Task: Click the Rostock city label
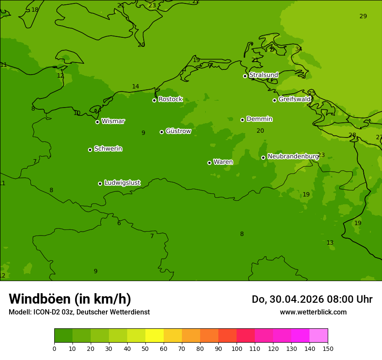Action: [x=170, y=99]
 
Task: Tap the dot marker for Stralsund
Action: [x=245, y=76]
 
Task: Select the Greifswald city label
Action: [x=294, y=99]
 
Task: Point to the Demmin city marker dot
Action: [x=242, y=120]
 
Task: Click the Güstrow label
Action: [x=178, y=131]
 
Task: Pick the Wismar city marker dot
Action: [x=97, y=122]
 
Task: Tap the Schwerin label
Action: [x=108, y=149]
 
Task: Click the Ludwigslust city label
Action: [x=122, y=183]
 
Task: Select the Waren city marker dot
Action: [x=209, y=163]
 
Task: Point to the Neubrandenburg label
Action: [x=293, y=156]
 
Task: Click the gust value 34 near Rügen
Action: [x=299, y=49]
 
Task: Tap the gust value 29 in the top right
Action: [x=363, y=16]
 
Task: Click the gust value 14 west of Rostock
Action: [x=135, y=86]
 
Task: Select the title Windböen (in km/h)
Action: [x=70, y=299]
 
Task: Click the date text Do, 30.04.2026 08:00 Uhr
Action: [x=312, y=299]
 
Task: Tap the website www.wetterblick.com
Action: [x=313, y=312]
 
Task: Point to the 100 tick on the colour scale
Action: [x=237, y=348]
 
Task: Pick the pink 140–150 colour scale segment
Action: [x=318, y=336]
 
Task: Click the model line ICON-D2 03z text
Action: [x=79, y=312]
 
